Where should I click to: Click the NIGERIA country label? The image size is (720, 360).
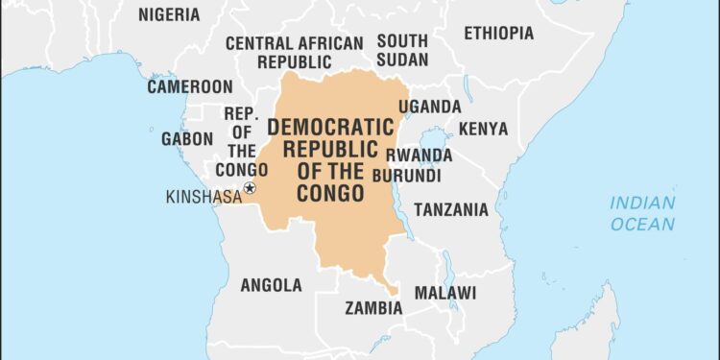pos(169,14)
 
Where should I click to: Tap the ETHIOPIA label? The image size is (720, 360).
pos(498,33)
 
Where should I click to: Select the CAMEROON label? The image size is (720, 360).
pos(189,86)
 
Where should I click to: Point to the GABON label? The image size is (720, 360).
pos(187,138)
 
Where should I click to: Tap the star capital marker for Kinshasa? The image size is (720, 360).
pos(250,188)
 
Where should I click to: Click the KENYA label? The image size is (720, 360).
pos(483,129)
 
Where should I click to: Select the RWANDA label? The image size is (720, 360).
pos(419,155)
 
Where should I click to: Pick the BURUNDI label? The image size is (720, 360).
pos(415,177)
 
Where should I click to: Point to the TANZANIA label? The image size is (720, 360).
pos(450,209)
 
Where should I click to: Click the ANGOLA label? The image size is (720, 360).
pos(271,285)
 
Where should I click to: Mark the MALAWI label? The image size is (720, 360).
pos(444,292)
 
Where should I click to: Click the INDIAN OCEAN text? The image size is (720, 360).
pos(642,213)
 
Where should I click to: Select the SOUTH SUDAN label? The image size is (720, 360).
pos(401,51)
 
